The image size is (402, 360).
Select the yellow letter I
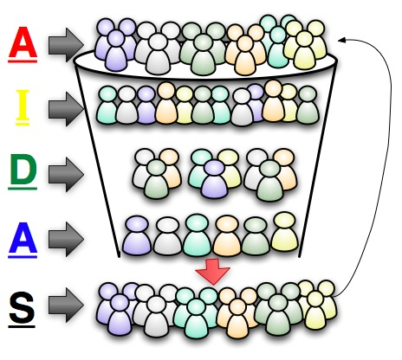point(23,106)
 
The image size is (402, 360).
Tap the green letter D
point(23,171)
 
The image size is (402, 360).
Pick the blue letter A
point(23,240)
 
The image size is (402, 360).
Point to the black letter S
point(22,309)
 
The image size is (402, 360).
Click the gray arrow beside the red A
point(66,45)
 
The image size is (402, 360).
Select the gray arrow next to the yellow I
point(66,109)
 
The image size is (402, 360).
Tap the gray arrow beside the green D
point(66,174)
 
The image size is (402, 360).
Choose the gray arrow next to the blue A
point(66,239)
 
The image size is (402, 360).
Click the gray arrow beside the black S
point(66,305)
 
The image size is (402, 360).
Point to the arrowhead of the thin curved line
point(341,40)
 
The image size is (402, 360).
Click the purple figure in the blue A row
point(137,235)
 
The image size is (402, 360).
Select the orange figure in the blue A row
point(227,235)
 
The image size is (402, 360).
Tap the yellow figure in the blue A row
point(284,232)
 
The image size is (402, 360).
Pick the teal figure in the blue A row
point(198,235)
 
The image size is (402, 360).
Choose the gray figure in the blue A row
point(167,236)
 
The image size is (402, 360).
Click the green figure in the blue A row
point(256,236)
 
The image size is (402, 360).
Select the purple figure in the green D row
point(214,179)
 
